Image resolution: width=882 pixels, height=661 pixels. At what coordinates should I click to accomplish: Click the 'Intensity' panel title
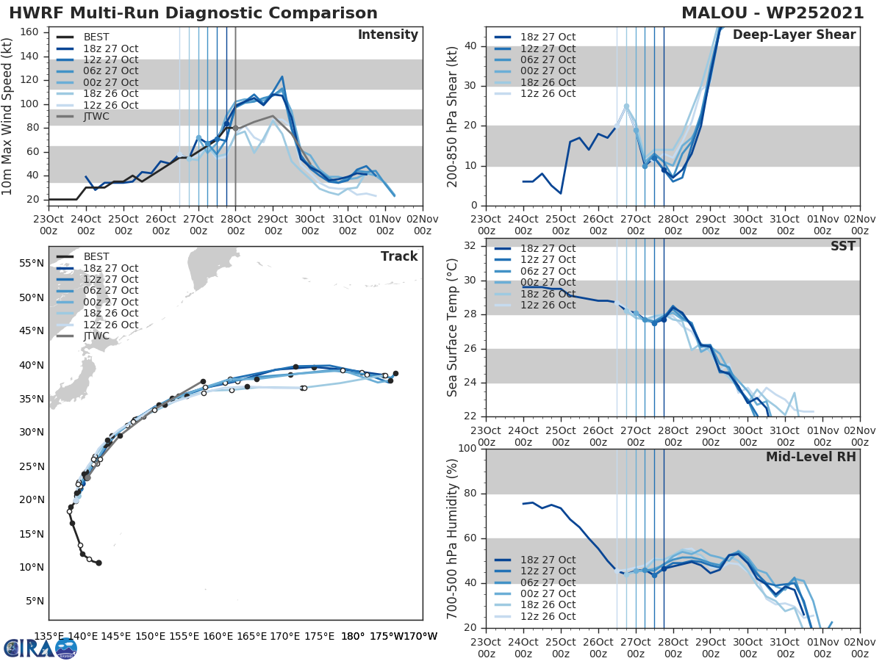(387, 35)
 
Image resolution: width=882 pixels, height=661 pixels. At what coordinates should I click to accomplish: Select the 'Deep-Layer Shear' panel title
(794, 35)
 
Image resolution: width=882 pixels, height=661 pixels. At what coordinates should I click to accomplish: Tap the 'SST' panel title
(843, 246)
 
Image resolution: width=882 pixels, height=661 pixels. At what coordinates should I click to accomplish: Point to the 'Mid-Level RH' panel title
(811, 458)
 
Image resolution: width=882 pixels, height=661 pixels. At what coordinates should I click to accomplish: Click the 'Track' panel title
(399, 256)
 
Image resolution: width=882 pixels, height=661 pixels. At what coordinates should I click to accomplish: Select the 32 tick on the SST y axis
(470, 245)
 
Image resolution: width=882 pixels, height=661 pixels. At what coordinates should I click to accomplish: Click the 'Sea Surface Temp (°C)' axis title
(453, 327)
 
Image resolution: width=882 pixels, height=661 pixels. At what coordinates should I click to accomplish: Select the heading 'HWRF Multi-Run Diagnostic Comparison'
(193, 13)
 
